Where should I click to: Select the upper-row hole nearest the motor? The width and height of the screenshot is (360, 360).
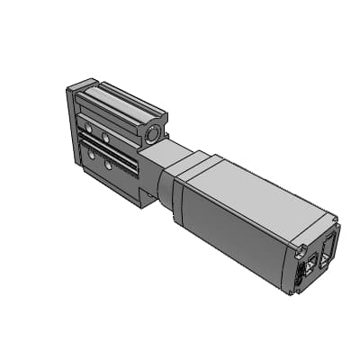tap(105, 138)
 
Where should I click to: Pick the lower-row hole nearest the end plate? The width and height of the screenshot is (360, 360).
tap(90, 154)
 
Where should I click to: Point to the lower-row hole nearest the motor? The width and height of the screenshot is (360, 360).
tap(110, 166)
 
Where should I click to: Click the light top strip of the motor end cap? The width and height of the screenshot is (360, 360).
tap(315, 225)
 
